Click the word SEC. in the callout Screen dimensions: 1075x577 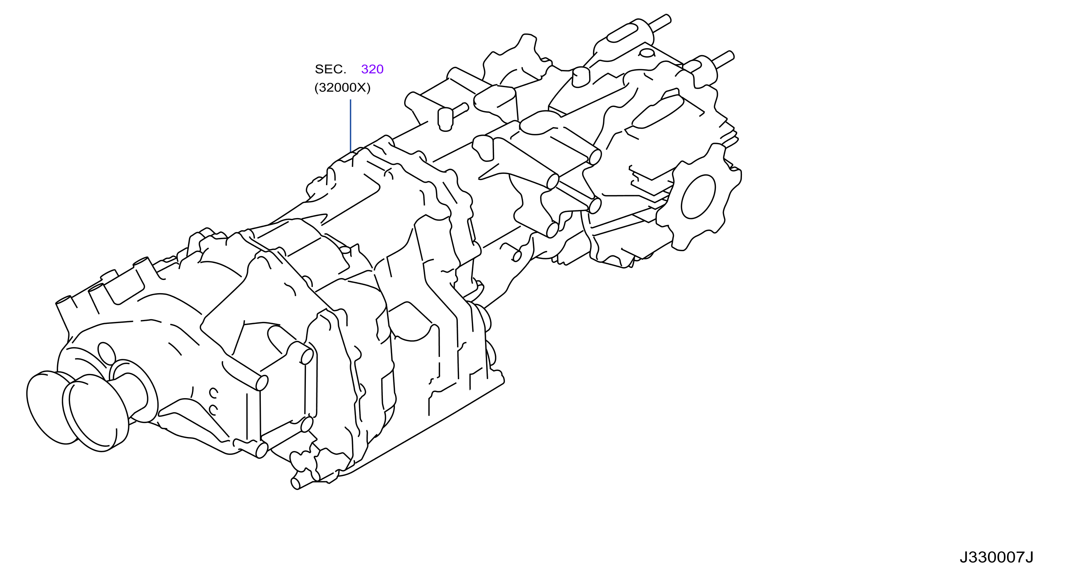pyautogui.click(x=330, y=69)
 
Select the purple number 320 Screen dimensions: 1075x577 pyautogui.click(x=372, y=69)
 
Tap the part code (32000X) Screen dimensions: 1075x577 pyautogui.click(x=342, y=87)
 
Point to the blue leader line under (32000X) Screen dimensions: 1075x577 pyautogui.click(x=351, y=126)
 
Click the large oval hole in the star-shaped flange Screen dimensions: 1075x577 pyautogui.click(x=698, y=197)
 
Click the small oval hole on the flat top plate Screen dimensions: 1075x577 pyautogui.click(x=647, y=53)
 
